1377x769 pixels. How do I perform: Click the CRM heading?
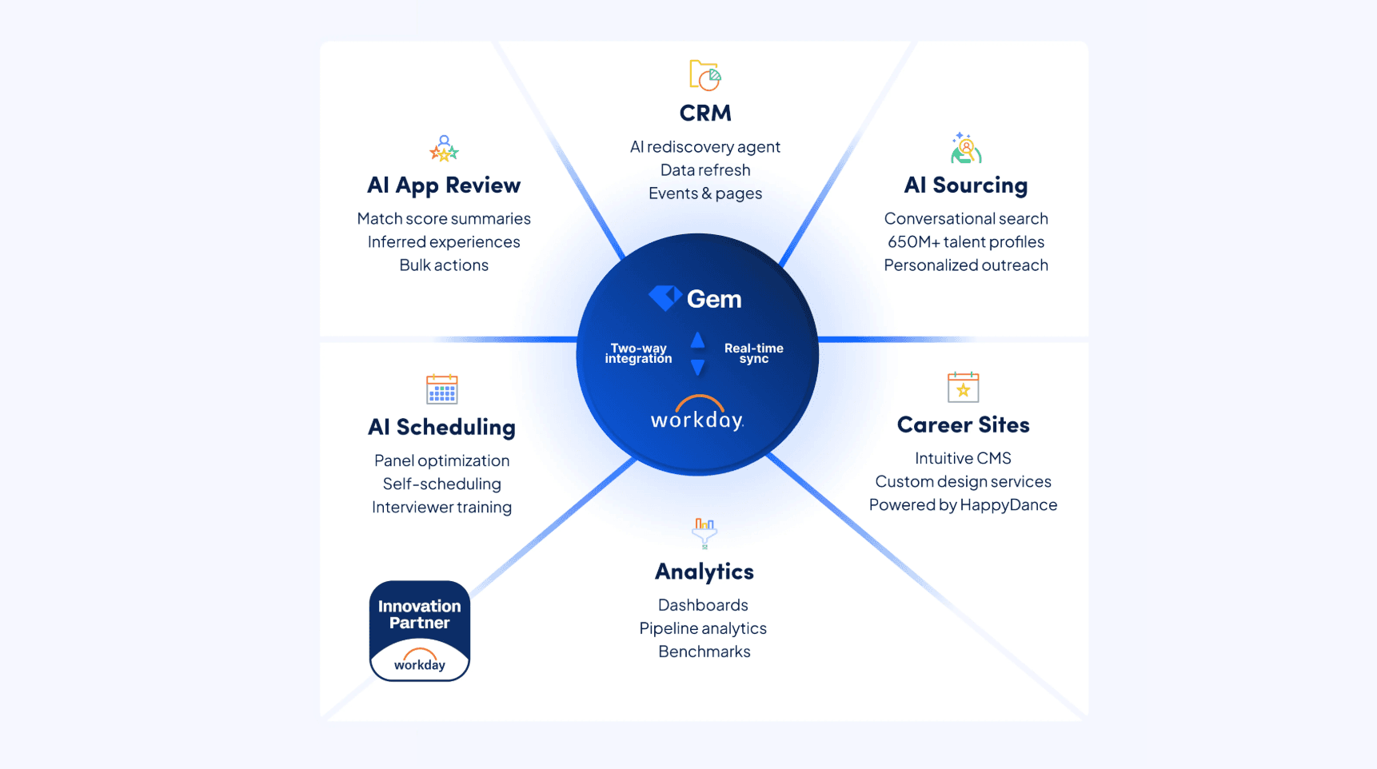click(x=705, y=114)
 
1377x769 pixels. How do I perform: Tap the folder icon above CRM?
click(x=704, y=75)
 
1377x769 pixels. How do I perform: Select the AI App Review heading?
click(x=444, y=185)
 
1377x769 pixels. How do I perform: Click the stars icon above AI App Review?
click(x=444, y=149)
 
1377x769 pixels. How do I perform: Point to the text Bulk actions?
click(x=444, y=265)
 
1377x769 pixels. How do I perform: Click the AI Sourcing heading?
click(x=966, y=185)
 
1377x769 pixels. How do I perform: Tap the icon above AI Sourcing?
click(x=966, y=149)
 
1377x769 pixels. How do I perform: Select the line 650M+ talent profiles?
click(x=966, y=242)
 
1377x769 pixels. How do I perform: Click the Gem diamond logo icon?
click(x=665, y=298)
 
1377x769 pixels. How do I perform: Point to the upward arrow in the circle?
click(x=697, y=341)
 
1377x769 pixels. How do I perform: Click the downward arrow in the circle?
click(x=697, y=368)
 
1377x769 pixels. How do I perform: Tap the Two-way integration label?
click(x=638, y=353)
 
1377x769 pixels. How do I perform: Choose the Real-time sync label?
click(x=753, y=353)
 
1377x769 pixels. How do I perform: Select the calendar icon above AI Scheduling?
click(x=442, y=389)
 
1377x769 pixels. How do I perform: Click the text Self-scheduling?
click(x=441, y=484)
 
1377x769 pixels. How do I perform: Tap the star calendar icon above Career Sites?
click(x=963, y=388)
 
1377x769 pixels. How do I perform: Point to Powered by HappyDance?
click(x=963, y=505)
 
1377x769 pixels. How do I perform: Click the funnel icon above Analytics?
click(x=704, y=532)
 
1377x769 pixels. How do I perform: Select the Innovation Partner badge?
click(x=420, y=631)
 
